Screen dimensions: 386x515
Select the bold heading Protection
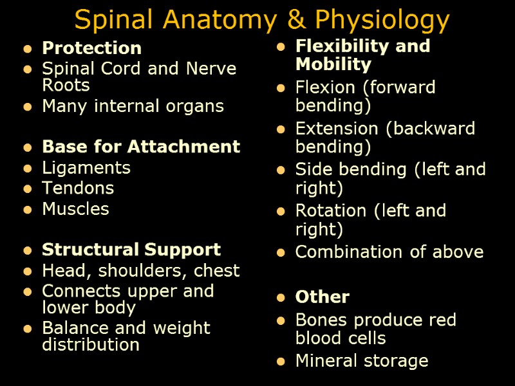tap(91, 48)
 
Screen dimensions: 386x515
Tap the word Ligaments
tap(86, 168)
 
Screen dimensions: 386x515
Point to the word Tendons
tap(78, 188)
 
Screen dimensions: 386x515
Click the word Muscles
tap(75, 209)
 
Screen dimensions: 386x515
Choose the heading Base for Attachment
tap(141, 147)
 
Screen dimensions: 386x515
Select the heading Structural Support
tap(131, 250)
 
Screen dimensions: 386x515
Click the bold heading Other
tap(322, 297)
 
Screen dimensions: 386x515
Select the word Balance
tap(71, 328)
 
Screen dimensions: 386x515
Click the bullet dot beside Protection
tap(26, 49)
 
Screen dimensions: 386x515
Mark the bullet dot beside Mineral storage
tap(280, 362)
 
